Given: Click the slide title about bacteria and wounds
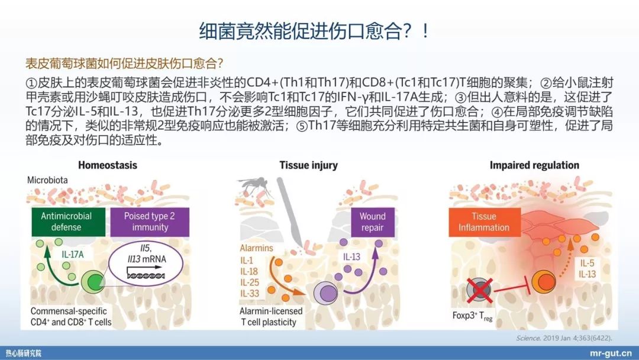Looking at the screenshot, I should click(314, 30).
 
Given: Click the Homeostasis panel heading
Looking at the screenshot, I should click(107, 165).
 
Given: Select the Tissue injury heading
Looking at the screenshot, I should click(308, 165).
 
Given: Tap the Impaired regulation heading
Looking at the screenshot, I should click(534, 165).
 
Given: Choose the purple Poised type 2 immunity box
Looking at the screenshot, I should click(149, 221).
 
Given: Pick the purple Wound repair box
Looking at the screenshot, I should click(372, 221).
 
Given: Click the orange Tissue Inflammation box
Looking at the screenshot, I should click(483, 221).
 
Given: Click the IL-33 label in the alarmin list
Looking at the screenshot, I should click(250, 292).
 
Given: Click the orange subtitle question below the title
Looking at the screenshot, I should click(125, 63).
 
